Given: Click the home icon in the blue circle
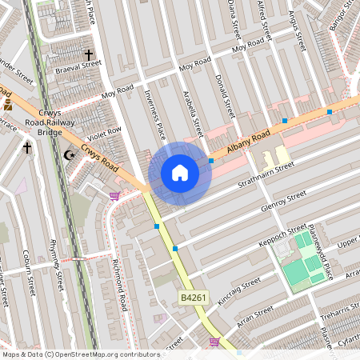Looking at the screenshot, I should tap(180, 173).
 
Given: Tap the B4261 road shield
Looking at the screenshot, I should tap(190, 298).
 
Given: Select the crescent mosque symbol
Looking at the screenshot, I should tap(69, 154).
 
